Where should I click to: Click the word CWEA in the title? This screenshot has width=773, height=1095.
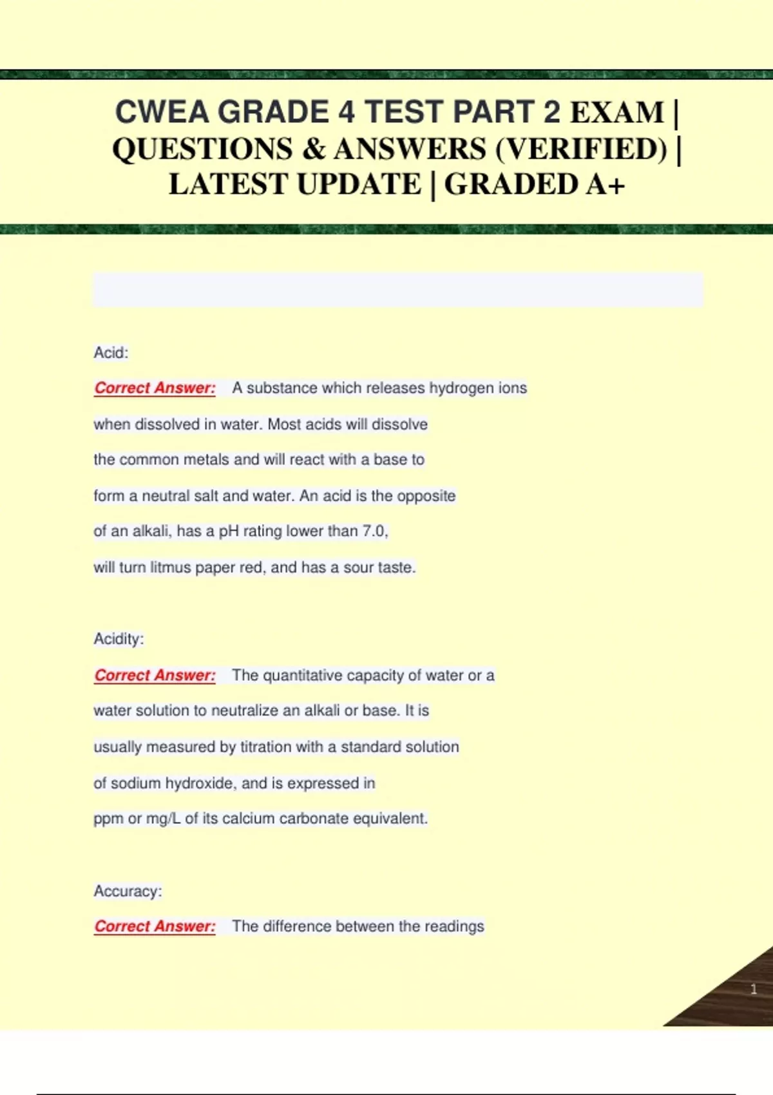coord(162,112)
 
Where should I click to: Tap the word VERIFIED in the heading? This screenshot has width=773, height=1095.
coord(581,149)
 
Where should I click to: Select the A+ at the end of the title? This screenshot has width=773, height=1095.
coord(606,184)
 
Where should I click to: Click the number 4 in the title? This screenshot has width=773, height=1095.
coord(347,112)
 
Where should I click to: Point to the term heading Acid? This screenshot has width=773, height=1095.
coord(111,352)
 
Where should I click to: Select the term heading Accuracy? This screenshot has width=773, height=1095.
coord(128,891)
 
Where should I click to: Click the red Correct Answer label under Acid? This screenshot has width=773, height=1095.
coord(155,388)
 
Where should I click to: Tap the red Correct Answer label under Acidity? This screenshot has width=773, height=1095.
coord(155,675)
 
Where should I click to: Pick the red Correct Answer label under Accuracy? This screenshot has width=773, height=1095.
coord(155,926)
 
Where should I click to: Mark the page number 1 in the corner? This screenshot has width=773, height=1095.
coord(754,989)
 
